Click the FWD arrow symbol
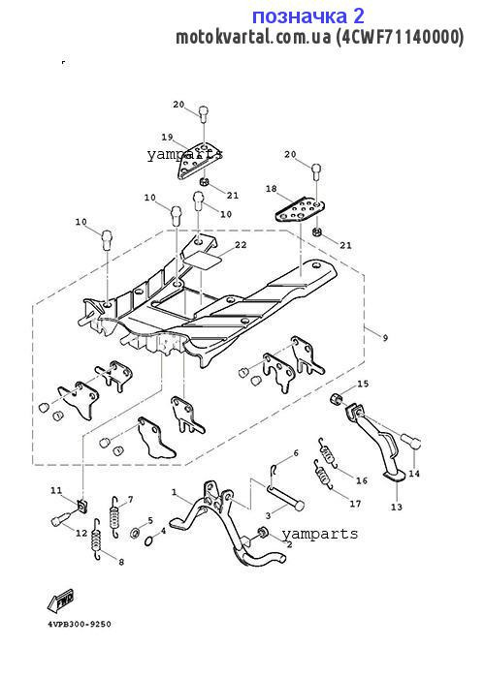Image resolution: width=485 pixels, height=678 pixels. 60,600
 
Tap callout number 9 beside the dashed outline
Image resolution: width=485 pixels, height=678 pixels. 385,338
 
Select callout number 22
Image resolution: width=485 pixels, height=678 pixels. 241,245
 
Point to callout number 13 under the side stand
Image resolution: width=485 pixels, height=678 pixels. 397,507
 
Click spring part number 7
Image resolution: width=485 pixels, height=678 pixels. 113,517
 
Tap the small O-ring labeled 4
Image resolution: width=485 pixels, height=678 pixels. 149,540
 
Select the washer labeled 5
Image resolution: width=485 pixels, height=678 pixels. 135,533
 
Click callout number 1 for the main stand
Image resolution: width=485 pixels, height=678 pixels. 175,492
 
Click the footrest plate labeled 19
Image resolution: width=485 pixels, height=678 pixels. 194,161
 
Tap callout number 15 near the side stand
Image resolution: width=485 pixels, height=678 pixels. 363,384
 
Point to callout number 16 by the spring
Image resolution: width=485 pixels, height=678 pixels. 362,480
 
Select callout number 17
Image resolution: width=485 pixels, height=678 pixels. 355,504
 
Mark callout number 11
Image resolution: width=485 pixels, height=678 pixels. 56,490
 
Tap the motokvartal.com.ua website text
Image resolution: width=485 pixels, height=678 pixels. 253,37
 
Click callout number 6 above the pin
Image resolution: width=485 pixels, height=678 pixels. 296,453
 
